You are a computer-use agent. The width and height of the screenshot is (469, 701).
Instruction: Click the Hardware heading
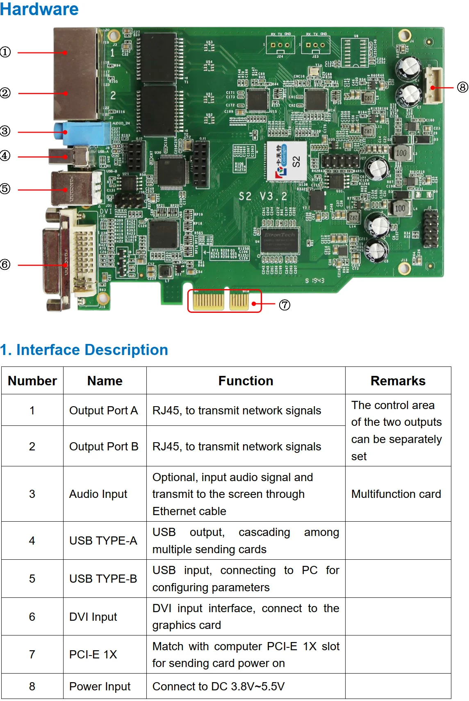pos(39,9)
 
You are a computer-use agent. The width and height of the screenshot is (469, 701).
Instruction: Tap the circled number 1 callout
pos(5,52)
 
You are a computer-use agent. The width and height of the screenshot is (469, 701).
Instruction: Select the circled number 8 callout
pos(462,87)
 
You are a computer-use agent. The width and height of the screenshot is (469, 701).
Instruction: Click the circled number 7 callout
pos(285,305)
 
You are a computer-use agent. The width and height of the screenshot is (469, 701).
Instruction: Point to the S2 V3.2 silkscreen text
pos(263,197)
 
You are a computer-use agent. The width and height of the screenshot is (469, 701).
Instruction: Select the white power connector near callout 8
pos(433,85)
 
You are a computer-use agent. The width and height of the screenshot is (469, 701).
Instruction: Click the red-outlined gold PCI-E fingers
pos(224,301)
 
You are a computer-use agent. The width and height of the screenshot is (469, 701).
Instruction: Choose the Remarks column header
pos(398,381)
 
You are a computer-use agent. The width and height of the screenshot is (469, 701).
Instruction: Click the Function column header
pos(246,381)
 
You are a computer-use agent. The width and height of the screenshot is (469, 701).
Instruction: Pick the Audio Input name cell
pos(98,494)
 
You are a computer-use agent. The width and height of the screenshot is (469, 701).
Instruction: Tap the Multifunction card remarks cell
pos(396,494)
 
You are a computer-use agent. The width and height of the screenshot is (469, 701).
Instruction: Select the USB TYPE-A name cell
pos(103,540)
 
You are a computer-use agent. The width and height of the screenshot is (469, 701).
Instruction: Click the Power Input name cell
pos(100,686)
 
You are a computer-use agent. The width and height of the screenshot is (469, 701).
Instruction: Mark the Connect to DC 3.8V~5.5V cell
pos(219,686)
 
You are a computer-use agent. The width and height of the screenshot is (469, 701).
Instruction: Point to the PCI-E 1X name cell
pos(93,654)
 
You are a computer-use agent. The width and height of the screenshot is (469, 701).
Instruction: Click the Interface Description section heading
pos(84,350)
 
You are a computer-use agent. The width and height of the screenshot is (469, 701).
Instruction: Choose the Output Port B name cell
pos(104,446)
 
